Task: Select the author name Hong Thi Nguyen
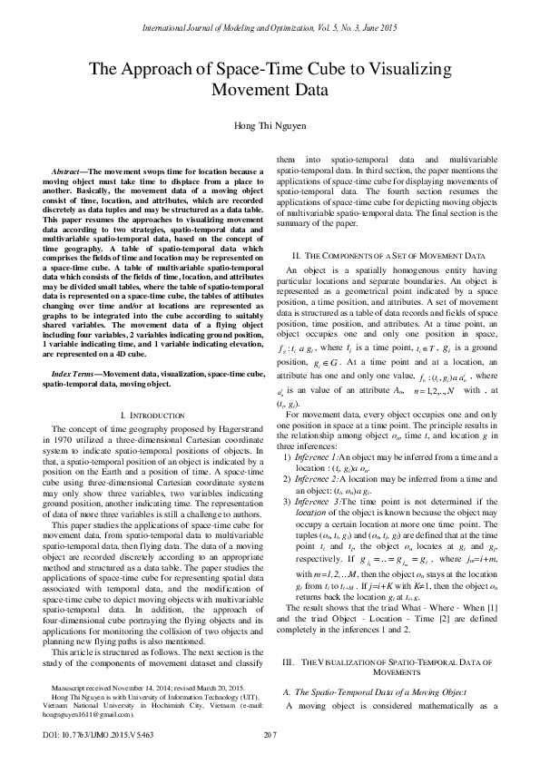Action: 270,125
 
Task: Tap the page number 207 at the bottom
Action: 270,733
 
